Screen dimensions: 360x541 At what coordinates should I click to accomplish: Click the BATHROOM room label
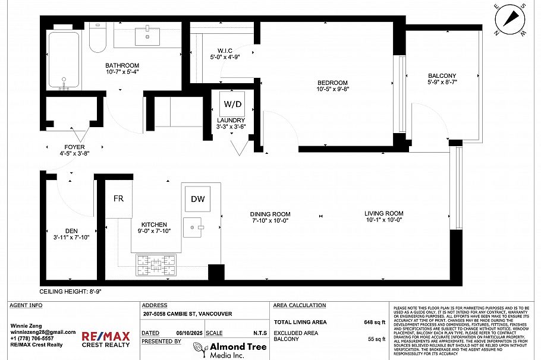coord(122,65)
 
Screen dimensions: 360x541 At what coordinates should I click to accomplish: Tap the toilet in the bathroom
coord(97,37)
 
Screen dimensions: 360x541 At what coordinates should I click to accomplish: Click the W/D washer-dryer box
coord(232,104)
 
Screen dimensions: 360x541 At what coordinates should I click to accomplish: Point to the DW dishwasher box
coord(197,199)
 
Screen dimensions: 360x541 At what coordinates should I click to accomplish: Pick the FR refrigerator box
coord(118,198)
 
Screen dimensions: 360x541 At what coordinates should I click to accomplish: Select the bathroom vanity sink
coord(147,36)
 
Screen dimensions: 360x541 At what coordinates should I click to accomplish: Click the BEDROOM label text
coord(332,83)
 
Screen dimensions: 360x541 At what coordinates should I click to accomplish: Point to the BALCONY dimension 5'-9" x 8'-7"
coord(442,83)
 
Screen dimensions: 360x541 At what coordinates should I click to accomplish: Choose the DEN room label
coord(71,230)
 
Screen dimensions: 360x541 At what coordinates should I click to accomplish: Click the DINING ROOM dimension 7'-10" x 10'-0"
coord(270,220)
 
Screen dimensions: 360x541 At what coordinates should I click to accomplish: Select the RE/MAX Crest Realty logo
coord(105,339)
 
